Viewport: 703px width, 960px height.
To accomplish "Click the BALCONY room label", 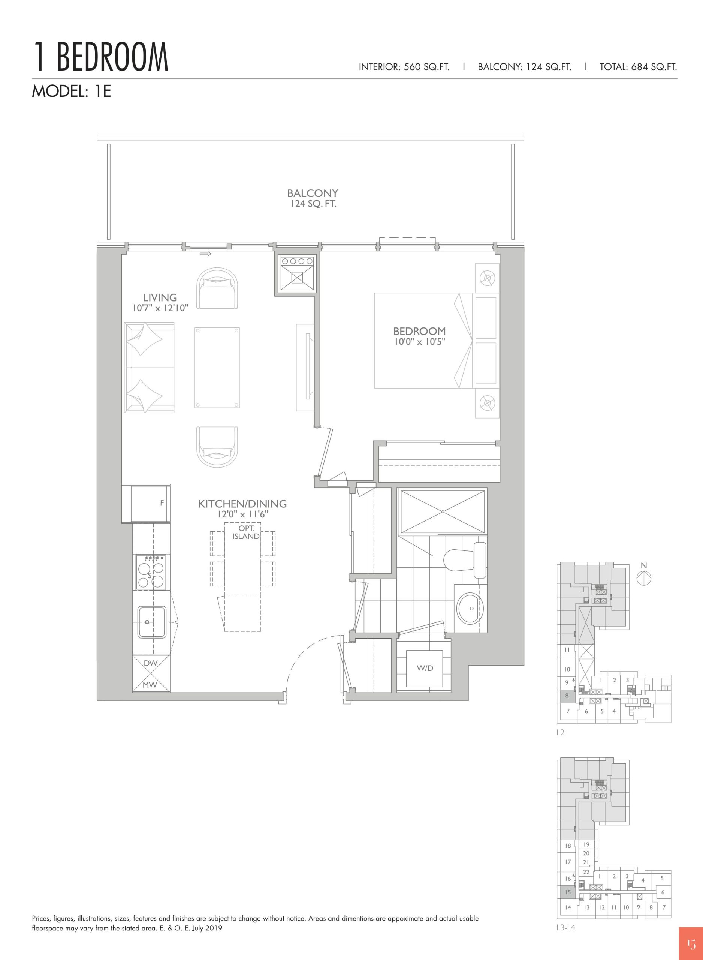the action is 313,193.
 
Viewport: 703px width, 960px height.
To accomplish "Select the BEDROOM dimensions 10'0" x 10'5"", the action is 419,341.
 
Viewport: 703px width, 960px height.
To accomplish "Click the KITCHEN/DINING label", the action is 242,504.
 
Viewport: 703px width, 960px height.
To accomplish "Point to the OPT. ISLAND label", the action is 246,532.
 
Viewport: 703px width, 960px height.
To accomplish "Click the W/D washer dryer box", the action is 425,668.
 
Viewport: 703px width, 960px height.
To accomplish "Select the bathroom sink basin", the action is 470,608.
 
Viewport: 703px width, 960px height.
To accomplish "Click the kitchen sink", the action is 151,622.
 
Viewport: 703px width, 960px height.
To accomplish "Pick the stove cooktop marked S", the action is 151,572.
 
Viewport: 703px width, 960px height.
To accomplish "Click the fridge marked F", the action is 148,504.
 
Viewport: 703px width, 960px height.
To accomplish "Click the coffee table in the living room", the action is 217,367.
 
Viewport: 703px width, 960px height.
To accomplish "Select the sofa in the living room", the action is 149,367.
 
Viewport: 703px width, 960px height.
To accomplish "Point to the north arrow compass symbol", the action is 644,578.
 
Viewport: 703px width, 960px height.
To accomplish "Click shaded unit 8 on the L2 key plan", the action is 566,696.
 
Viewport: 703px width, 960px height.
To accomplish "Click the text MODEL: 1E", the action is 72,91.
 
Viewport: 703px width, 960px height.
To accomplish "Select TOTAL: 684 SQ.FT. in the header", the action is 638,67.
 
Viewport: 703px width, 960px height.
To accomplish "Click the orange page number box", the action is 691,943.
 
